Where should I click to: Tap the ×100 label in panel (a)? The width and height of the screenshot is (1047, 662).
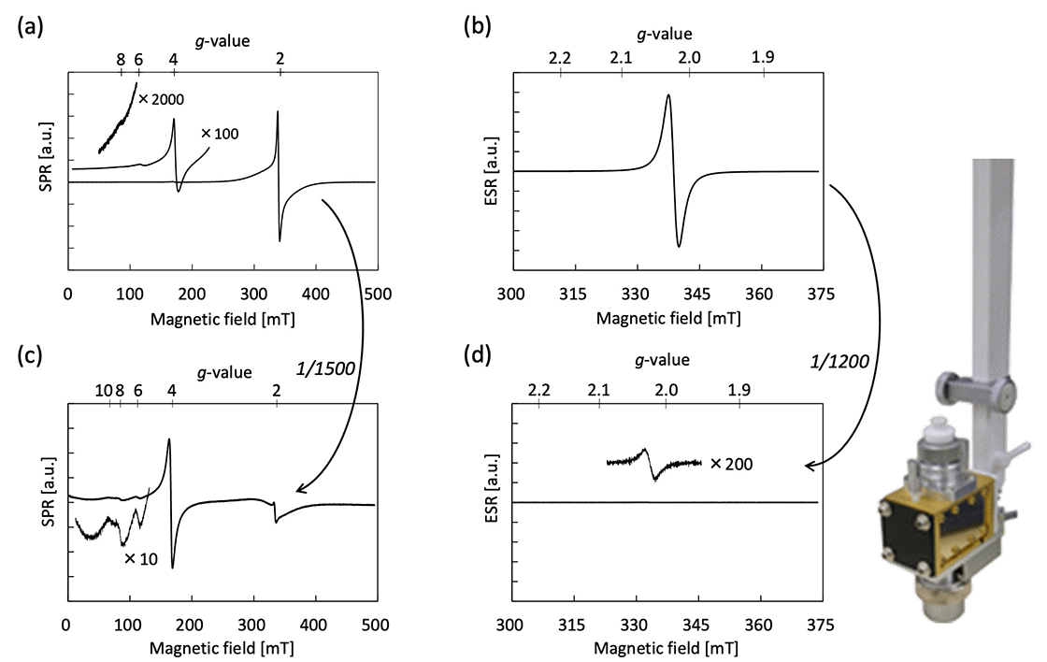coord(221,134)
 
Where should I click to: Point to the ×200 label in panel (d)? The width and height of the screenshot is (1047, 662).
coord(731,463)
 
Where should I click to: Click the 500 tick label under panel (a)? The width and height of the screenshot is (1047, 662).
coord(377,294)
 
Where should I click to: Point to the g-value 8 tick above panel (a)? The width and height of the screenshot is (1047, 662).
coord(121,59)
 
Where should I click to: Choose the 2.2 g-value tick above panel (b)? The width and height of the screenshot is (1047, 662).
coord(560,59)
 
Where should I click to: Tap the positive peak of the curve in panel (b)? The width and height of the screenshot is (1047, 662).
coord(667,95)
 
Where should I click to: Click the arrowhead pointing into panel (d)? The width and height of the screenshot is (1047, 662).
coord(810,465)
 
